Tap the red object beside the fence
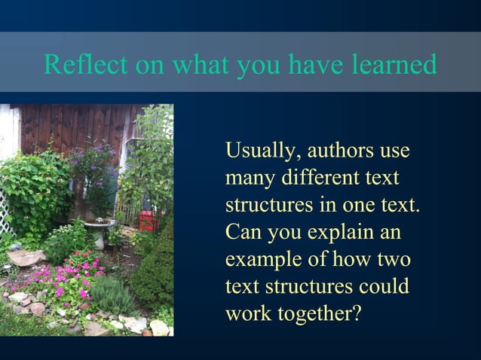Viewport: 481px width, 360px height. pyautogui.click(x=146, y=220)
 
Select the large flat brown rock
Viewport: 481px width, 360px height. pyautogui.click(x=27, y=258)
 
